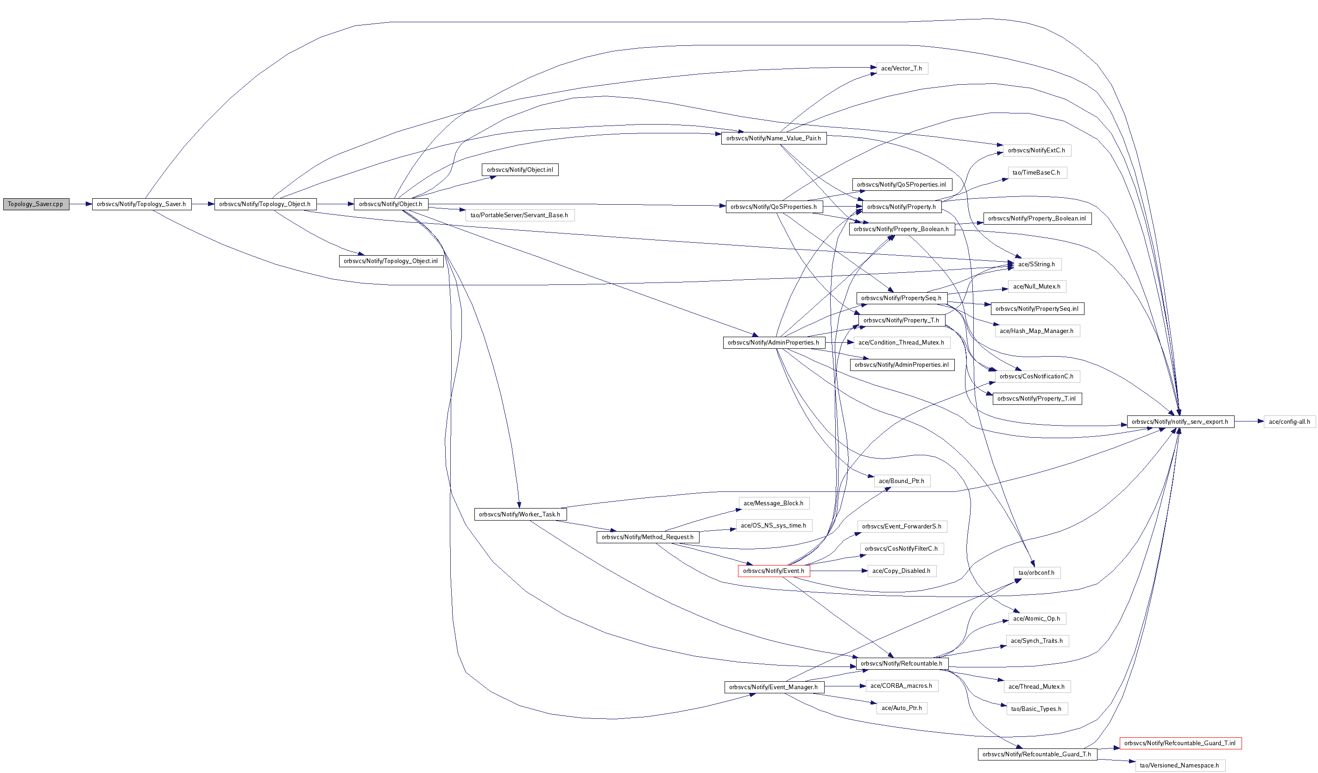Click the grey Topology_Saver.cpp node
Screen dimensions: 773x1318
pos(36,204)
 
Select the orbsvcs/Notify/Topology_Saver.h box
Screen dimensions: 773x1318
pos(141,204)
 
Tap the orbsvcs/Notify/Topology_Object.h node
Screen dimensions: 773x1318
pos(265,204)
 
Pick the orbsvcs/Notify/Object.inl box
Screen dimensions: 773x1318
pos(519,170)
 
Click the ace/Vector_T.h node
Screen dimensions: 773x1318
pos(901,69)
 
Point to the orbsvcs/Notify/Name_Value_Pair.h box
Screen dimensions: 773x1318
pos(773,138)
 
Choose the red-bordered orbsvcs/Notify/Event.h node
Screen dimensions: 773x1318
pos(773,571)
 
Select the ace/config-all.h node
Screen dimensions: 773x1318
pos(1289,421)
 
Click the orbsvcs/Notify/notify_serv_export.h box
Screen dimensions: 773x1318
pos(1179,421)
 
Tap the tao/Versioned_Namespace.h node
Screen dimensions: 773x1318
pos(1179,765)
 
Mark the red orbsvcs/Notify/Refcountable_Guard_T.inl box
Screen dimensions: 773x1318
pos(1179,743)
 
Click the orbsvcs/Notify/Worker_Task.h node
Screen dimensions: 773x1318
pos(519,514)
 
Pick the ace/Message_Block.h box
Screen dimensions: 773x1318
pos(773,503)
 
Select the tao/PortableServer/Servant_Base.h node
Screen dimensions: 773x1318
pos(519,215)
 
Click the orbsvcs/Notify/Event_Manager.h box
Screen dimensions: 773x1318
pos(773,687)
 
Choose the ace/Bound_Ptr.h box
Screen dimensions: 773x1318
pos(901,481)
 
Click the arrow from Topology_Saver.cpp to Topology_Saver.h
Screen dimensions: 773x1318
pos(81,204)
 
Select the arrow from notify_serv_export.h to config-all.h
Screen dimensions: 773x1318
pos(1249,421)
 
